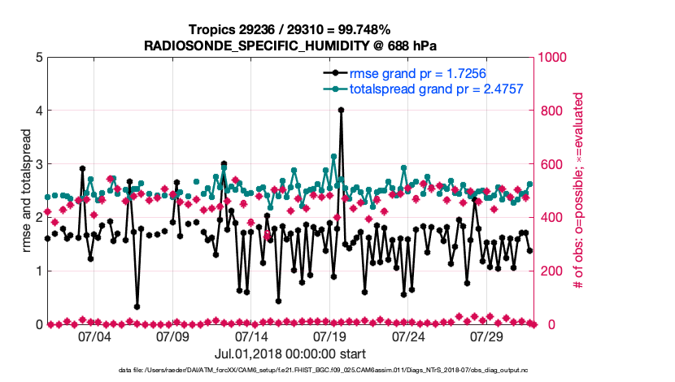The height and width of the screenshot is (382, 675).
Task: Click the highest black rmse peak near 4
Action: tap(341, 110)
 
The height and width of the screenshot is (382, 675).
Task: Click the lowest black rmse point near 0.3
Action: tap(137, 306)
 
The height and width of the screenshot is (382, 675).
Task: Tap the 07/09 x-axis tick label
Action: tap(172, 336)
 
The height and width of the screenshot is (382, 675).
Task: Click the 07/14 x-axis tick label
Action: tap(251, 336)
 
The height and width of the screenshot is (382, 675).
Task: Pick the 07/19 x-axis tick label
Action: tap(330, 336)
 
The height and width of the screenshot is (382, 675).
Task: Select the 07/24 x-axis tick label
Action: tap(409, 336)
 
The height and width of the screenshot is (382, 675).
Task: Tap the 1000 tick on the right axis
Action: tap(554, 58)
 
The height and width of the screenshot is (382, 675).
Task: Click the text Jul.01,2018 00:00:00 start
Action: tap(290, 354)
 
